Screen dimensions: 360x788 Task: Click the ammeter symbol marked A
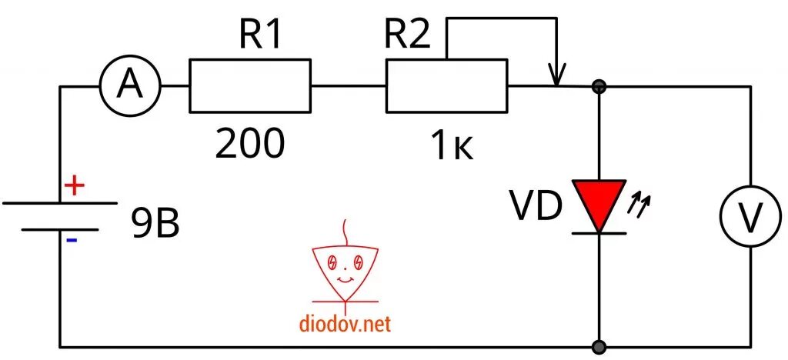tap(130, 86)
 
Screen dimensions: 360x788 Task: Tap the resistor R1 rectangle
tap(250, 87)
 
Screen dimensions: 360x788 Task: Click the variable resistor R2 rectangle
tap(446, 87)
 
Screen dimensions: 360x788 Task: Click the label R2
tap(407, 35)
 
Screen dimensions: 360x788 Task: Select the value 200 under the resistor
tap(250, 143)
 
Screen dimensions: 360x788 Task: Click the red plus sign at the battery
tap(73, 187)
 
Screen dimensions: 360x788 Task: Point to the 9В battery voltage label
tap(156, 224)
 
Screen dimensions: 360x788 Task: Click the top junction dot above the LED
tap(599, 87)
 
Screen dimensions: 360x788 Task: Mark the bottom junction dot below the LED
tap(599, 345)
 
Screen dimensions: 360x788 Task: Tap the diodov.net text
tap(346, 324)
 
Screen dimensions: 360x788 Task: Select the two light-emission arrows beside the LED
tap(640, 203)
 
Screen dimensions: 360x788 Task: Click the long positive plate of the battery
tap(60, 203)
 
